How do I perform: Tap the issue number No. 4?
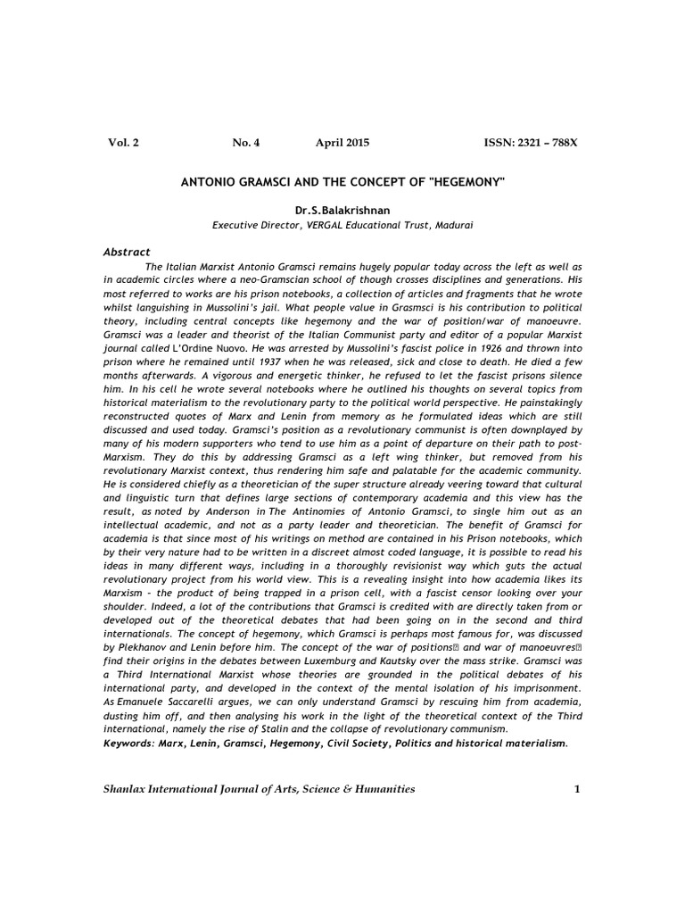[245, 143]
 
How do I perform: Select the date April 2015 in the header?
[342, 143]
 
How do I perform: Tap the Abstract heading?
[128, 253]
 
